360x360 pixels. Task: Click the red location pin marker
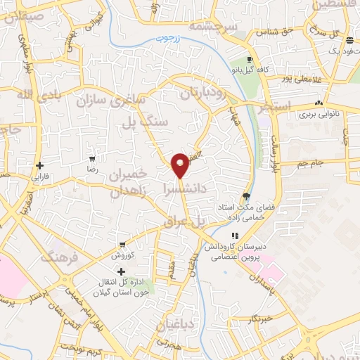pos(181,165)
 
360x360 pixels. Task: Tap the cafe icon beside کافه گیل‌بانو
pos(251,59)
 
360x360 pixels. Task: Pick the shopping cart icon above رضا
pos(92,160)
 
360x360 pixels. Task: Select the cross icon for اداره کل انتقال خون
pos(122,271)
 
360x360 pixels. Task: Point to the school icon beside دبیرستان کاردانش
pos(234,236)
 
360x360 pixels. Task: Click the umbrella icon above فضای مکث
pos(246,196)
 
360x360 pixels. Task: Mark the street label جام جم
pos(309,163)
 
